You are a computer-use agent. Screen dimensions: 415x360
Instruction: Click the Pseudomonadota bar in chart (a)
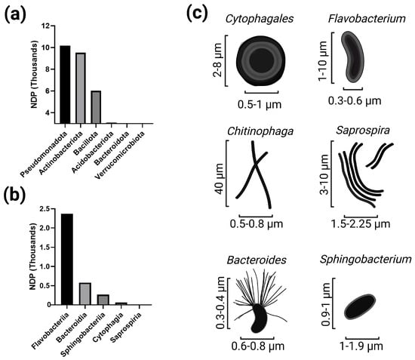[x=65, y=85]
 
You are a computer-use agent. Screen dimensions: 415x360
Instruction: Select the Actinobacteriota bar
[x=81, y=88]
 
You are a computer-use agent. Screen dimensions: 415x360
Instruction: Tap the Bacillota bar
[x=96, y=107]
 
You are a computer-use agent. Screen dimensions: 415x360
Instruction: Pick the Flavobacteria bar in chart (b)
[x=67, y=259]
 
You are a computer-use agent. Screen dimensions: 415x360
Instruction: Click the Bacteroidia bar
[x=85, y=294]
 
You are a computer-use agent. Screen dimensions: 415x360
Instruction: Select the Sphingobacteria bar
[x=103, y=300]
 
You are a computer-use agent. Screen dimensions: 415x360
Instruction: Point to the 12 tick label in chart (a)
[x=45, y=26]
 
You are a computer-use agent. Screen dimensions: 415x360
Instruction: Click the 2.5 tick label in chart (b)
[x=45, y=209]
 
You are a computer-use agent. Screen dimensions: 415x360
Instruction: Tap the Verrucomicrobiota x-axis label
[x=121, y=155]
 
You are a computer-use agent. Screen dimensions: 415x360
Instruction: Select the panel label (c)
[x=197, y=14]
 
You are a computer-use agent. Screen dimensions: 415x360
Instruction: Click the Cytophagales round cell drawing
[x=261, y=61]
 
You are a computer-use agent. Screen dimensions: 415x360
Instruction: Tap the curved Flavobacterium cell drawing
[x=352, y=57]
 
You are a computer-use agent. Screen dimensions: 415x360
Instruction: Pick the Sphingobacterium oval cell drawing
[x=360, y=307]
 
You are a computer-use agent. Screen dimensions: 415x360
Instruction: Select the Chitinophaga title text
[x=260, y=131]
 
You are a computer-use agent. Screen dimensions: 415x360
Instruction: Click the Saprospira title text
[x=363, y=131]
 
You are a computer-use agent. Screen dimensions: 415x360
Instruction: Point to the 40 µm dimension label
[x=220, y=178]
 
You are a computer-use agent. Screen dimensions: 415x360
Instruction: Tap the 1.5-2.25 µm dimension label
[x=361, y=224]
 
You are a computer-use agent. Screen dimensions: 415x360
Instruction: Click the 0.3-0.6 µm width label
[x=355, y=101]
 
